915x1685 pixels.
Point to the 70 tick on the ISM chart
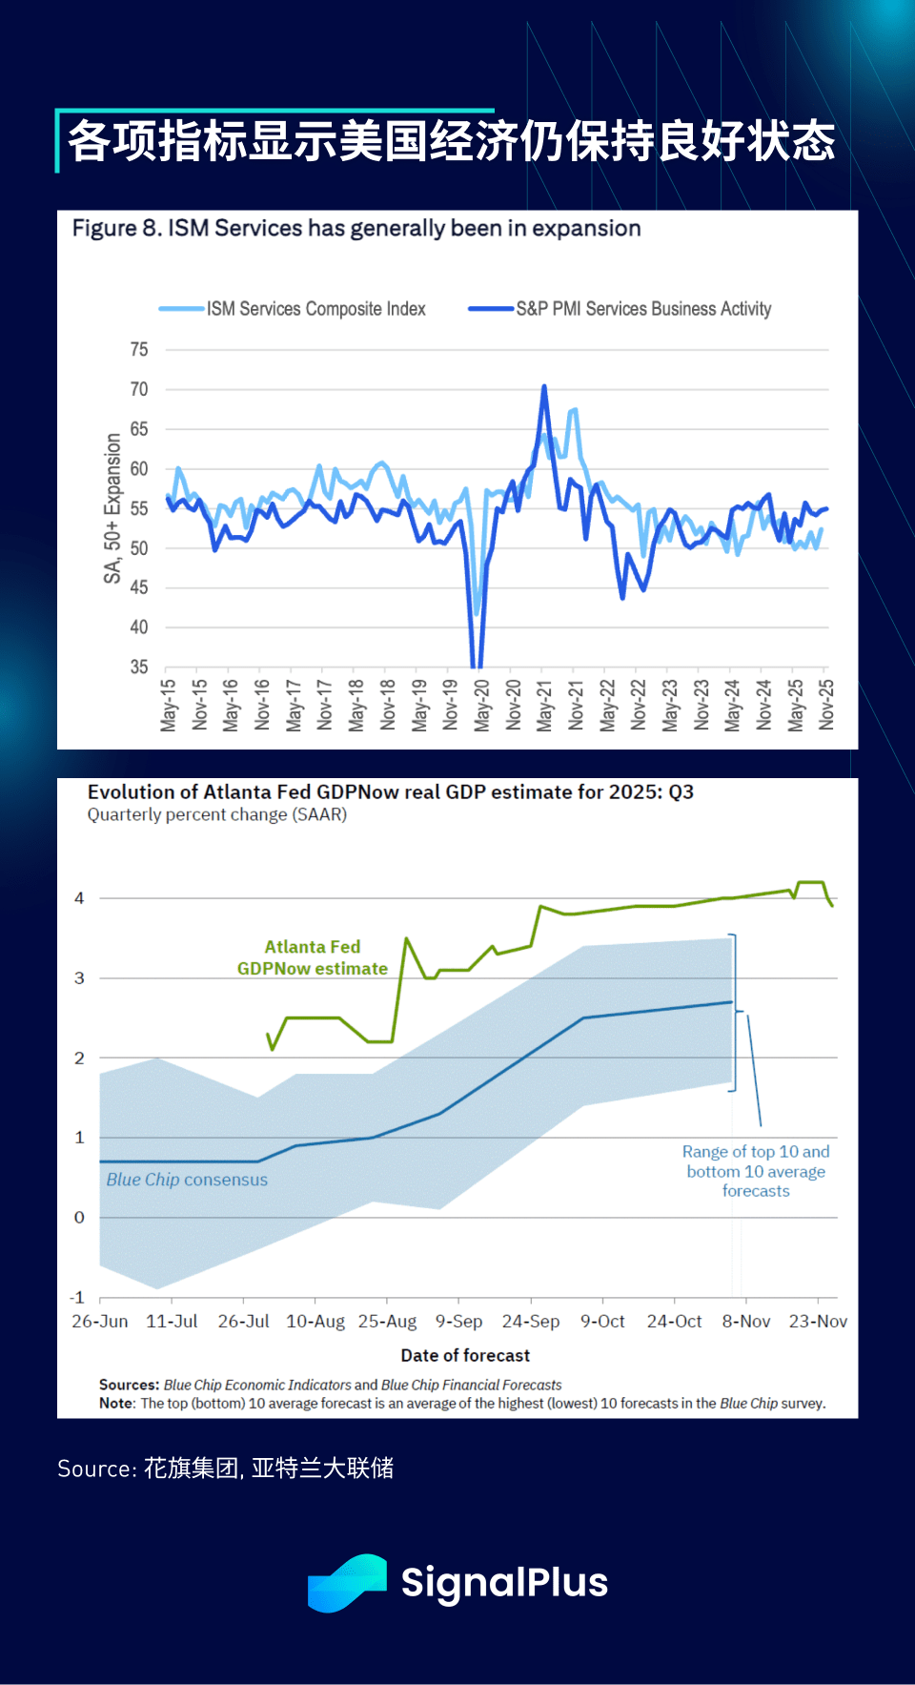click(x=139, y=389)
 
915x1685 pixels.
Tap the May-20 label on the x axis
click(x=482, y=706)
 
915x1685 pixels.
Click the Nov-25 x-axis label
click(x=826, y=706)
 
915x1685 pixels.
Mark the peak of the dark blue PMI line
click(x=544, y=386)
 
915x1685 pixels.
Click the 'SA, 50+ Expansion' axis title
click(x=113, y=508)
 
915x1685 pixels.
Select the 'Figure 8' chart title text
click(x=356, y=229)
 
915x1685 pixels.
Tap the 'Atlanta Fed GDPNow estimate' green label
click(x=313, y=957)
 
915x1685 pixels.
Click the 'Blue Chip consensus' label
click(x=187, y=1180)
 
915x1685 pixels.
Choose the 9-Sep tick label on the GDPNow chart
click(x=458, y=1322)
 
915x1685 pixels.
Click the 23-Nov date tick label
click(x=818, y=1322)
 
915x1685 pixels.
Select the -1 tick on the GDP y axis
click(x=77, y=1298)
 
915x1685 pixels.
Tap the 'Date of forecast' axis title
click(x=465, y=1355)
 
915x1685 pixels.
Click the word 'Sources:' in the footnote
click(x=129, y=1385)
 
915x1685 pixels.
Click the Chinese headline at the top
click(x=452, y=141)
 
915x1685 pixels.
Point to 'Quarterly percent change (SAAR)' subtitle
click(x=217, y=815)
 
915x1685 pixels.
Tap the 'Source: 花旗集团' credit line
click(x=226, y=1469)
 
